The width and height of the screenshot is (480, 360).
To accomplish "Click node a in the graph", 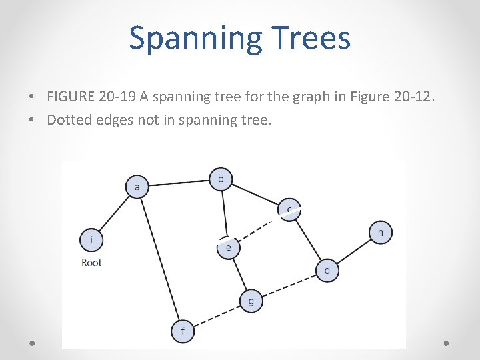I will pyautogui.click(x=137, y=186).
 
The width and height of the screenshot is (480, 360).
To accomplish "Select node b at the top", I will pyautogui.click(x=221, y=179).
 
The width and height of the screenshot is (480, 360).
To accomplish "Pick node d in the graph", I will pyautogui.click(x=327, y=271).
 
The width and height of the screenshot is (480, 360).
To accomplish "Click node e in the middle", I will pyautogui.click(x=228, y=247).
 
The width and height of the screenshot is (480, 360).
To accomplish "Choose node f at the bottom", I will pyautogui.click(x=183, y=331).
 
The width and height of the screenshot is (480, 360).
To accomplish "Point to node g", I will pyautogui.click(x=251, y=301).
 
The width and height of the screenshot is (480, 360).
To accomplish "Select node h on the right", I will pyautogui.click(x=381, y=232).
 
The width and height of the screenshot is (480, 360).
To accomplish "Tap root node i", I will pyautogui.click(x=91, y=239).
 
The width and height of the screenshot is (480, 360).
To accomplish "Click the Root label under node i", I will pyautogui.click(x=91, y=263).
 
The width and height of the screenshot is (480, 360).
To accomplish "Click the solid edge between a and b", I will pyautogui.click(x=179, y=182).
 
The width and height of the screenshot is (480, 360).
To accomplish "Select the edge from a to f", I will pyautogui.click(x=161, y=259).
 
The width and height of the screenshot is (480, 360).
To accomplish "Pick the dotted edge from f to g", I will pyautogui.click(x=217, y=315).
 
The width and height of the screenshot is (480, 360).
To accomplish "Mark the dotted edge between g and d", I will pyautogui.click(x=289, y=285).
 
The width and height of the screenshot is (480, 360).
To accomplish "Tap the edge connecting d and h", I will pyautogui.click(x=354, y=251).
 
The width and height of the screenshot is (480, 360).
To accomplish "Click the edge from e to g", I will pyautogui.click(x=239, y=274).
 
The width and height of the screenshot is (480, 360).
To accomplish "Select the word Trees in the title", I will pyautogui.click(x=309, y=38).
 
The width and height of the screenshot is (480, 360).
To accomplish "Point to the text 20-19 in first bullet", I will pyautogui.click(x=117, y=97).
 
